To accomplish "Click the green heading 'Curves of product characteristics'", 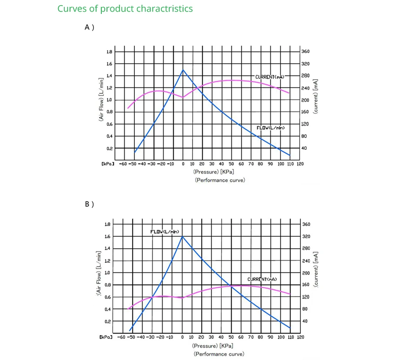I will (125, 9).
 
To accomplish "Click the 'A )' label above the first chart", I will (89, 27).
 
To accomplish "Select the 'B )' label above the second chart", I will (89, 204).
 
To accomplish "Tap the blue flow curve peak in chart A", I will (183, 70).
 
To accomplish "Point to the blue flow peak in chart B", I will (182, 236).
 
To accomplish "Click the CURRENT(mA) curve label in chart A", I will (270, 77).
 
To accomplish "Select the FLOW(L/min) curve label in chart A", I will (270, 128).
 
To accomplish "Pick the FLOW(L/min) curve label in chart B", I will (165, 232).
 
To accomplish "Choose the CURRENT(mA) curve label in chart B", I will (262, 279).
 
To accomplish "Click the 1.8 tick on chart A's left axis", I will (109, 52).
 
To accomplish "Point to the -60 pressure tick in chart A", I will (124, 164).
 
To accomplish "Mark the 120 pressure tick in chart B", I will (300, 337).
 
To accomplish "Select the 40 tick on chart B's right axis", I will (304, 321).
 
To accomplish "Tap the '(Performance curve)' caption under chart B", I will (219, 354).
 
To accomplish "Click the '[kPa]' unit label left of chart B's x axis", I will (106, 337).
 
